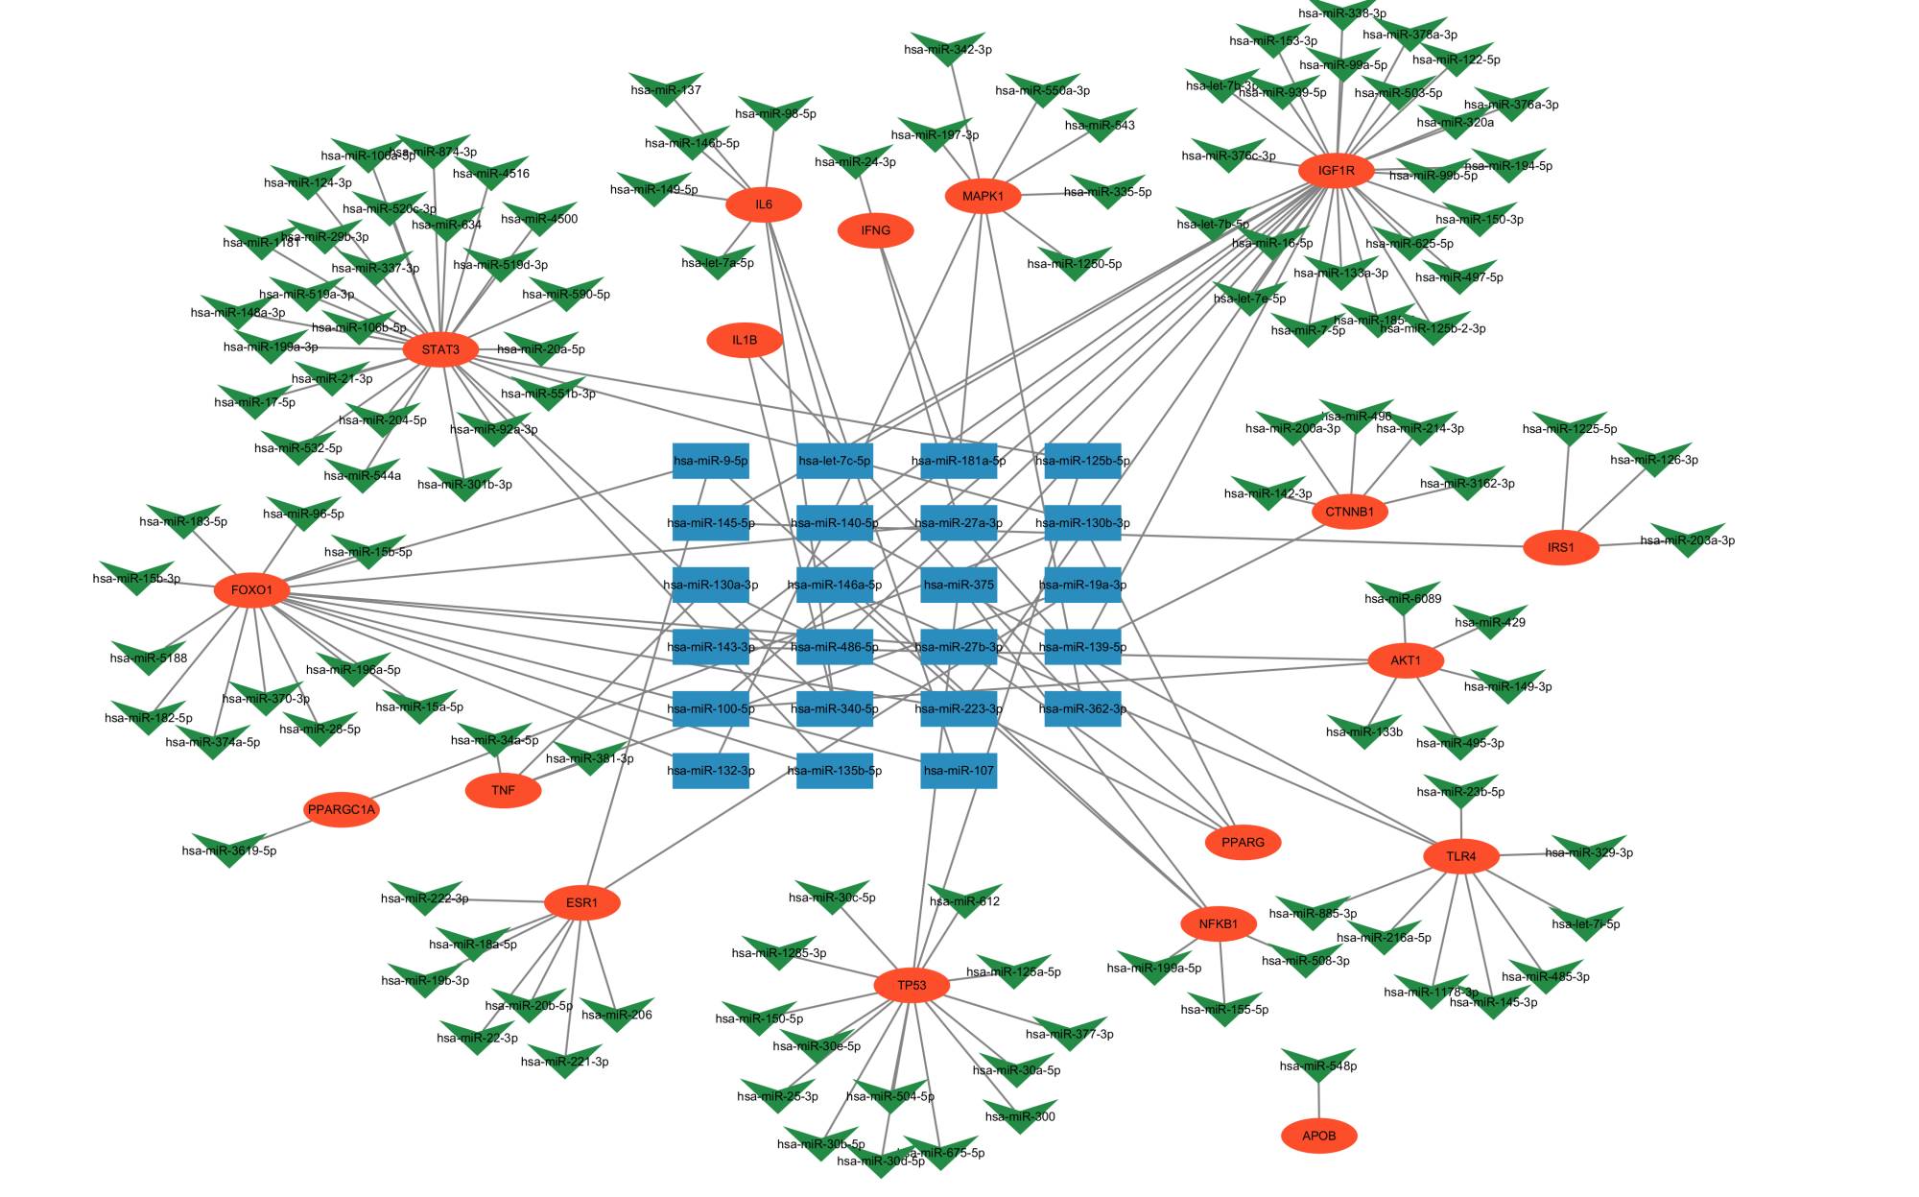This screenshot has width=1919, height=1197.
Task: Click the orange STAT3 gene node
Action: tap(440, 349)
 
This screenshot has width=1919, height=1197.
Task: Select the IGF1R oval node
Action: tap(1336, 171)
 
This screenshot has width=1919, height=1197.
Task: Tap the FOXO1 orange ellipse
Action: tap(251, 589)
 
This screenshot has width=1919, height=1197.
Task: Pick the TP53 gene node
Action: tap(912, 985)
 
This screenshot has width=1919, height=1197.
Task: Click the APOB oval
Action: tap(1318, 1136)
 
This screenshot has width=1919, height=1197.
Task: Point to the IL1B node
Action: tap(744, 340)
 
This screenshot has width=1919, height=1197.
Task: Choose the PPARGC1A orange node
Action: tap(341, 809)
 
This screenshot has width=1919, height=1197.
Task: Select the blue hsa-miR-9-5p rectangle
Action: tap(710, 461)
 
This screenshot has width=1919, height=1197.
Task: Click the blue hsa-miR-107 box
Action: tap(958, 770)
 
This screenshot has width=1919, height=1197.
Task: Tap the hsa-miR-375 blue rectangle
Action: tap(958, 585)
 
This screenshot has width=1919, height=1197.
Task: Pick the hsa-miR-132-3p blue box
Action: tap(710, 770)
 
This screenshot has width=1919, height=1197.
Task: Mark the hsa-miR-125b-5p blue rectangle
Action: tap(1081, 461)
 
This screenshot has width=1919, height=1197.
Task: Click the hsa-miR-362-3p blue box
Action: tap(1081, 708)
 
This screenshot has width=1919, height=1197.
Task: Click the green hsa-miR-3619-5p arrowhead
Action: tap(229, 848)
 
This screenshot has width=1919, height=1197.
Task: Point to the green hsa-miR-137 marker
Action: tap(666, 87)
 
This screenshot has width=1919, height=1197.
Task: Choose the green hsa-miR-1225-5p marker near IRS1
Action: tap(1570, 427)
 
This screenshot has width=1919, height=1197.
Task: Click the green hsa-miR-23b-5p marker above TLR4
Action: tap(1460, 789)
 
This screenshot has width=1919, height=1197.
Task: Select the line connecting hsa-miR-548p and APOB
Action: tap(1318, 1099)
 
